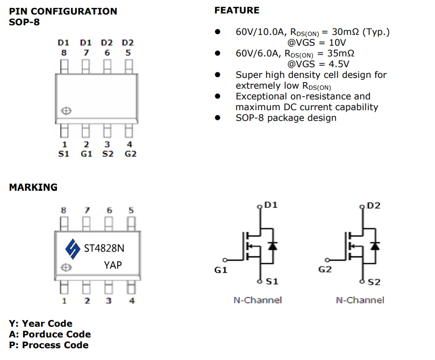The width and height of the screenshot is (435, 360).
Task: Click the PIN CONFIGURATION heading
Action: pos(63,11)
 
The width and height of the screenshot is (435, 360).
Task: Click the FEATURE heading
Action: pos(237,10)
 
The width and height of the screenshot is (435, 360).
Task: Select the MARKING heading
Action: pos(33,188)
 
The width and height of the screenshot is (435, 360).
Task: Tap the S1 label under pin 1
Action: pos(64,154)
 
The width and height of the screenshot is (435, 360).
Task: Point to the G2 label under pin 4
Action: pos(130,154)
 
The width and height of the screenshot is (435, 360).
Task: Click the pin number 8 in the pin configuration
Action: pos(64,53)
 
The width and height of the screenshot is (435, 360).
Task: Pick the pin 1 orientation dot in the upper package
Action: pos(67,111)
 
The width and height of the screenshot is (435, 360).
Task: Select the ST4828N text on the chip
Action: pos(104,248)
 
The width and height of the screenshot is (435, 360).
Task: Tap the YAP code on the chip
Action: pos(113,265)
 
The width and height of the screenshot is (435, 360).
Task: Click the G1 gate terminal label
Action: pos(221,270)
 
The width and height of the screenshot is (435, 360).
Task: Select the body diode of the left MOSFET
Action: pos(272,246)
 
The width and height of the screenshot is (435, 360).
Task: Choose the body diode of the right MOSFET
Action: pos(375,246)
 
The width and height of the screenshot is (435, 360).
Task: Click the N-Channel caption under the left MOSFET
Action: pos(258,300)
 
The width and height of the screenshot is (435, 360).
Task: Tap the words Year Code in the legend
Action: pos(47,323)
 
